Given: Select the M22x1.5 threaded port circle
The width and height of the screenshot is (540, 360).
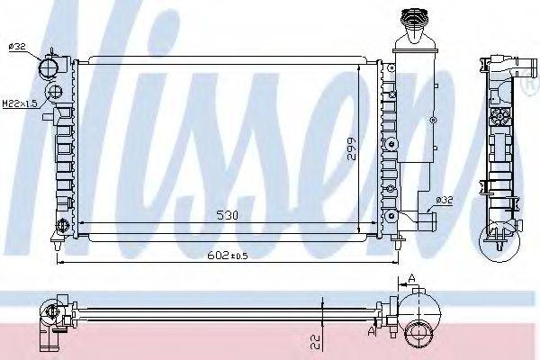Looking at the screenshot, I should tap(56, 93).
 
